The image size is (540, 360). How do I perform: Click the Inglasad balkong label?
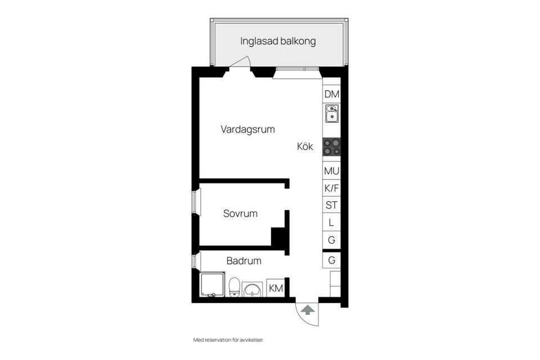click(x=278, y=41)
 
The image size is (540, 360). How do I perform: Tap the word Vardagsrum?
click(x=247, y=129)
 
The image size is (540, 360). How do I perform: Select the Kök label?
click(x=305, y=147)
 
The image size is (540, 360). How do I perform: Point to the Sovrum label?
click(x=240, y=214)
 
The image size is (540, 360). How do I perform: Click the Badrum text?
click(x=244, y=261)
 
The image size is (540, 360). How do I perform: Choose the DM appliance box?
click(x=331, y=94)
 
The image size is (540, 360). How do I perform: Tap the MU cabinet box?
click(x=331, y=170)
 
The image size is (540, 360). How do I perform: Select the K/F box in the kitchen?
click(x=331, y=188)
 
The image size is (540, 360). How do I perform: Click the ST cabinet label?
click(x=331, y=205)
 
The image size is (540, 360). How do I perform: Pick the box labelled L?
click(x=331, y=223)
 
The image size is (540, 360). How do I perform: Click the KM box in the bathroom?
click(x=276, y=288)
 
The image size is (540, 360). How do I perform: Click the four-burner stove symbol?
click(x=331, y=147)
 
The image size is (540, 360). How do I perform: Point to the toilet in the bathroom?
click(x=235, y=287)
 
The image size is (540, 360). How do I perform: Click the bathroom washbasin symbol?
click(x=253, y=289)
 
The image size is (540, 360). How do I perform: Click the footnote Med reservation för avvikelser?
click(x=228, y=340)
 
